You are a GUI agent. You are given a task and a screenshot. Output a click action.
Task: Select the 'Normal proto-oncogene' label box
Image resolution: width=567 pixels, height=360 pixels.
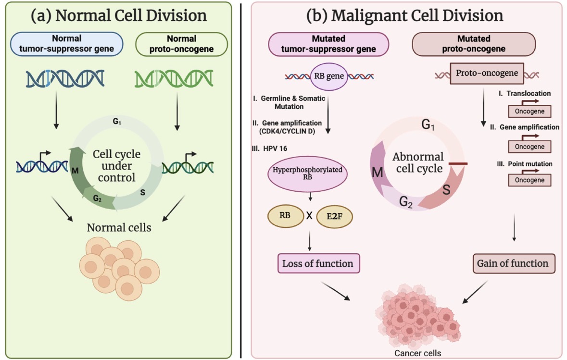(182, 44)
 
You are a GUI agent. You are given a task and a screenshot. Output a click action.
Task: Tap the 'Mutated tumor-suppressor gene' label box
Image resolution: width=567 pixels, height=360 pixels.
(328, 44)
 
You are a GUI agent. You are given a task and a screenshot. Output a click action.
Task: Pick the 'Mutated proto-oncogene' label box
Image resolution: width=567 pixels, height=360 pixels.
(474, 44)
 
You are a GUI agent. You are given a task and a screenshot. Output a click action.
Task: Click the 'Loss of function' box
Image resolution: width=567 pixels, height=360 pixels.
(317, 263)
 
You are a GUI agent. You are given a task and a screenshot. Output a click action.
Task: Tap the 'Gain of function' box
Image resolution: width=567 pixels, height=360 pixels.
(512, 263)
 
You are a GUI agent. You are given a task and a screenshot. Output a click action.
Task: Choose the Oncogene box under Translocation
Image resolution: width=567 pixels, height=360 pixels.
(529, 112)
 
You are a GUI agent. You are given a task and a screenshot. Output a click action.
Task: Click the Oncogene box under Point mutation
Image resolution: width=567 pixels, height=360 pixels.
(529, 180)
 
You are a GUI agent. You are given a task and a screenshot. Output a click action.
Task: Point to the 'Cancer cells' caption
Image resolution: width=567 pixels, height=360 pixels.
(417, 353)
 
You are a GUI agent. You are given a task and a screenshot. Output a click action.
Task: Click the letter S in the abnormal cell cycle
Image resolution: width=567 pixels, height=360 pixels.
(446, 190)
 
